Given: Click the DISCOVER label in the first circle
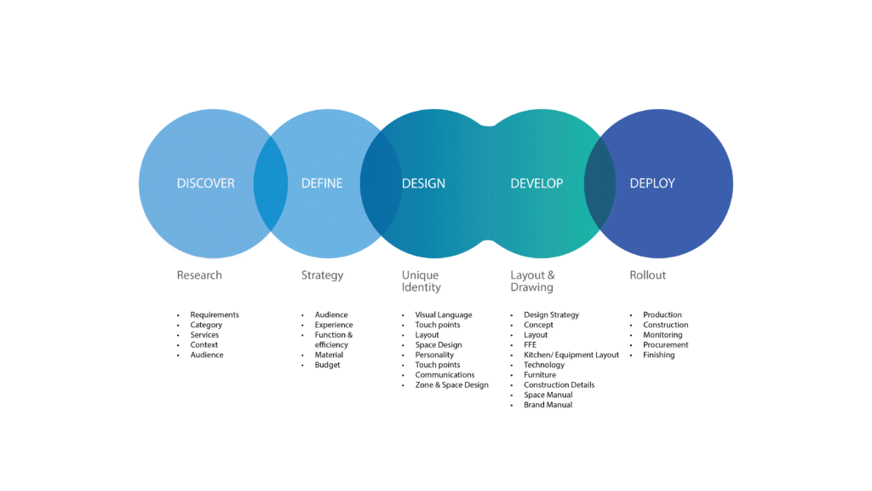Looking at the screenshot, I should point(205,183).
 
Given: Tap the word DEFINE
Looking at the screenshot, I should point(322,183).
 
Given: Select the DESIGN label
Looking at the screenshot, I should point(423,183).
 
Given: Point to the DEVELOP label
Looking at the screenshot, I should point(536,183).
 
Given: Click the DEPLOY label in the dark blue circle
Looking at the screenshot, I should point(652,183).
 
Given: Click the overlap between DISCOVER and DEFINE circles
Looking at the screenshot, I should point(271,183).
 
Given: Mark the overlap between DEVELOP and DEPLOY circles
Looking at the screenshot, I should point(599,183).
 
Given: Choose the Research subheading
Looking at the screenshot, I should point(199,275).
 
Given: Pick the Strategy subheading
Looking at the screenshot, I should point(322,275).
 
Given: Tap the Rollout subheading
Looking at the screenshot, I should point(647,275).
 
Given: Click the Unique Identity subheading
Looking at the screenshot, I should point(422,281).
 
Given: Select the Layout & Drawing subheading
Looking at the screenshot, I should point(532,281).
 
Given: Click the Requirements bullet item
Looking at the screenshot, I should point(215,315).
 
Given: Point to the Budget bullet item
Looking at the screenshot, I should point(327,365).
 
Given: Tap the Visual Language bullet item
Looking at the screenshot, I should point(444,315).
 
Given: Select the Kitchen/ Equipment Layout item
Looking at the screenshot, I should point(571,355).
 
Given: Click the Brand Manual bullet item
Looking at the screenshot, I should point(548,405).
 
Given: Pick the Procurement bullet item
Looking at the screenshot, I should point(665,345).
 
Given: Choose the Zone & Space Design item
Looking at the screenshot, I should point(451,385).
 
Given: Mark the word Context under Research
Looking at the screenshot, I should point(204,345).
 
